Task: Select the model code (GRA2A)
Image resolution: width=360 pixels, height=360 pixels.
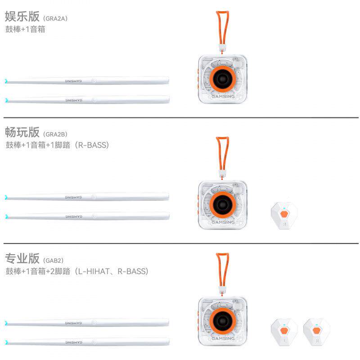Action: click(55, 18)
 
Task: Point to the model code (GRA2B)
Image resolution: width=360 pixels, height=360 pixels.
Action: click(55, 134)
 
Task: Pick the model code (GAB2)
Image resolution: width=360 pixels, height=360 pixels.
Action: click(54, 261)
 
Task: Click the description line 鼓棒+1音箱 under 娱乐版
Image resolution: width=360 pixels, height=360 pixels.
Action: click(25, 30)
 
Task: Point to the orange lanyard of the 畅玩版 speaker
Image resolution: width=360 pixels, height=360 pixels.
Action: click(221, 153)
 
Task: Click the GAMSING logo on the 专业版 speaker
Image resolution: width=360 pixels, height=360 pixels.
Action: click(223, 338)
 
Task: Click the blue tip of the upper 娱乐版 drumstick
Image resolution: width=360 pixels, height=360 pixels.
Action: click(6, 81)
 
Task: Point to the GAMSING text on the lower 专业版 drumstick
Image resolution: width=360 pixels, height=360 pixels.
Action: click(74, 342)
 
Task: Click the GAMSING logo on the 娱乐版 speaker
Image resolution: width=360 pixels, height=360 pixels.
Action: click(223, 96)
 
